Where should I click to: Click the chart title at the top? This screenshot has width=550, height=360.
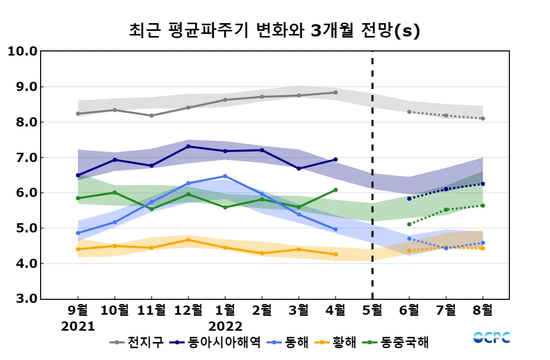coord(274,31)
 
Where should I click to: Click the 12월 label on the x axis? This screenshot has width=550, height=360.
coord(188,310)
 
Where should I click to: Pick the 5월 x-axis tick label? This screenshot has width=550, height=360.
coord(372,310)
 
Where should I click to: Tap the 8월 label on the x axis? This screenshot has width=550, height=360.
coord(483,310)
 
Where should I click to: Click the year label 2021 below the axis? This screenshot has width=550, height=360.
coord(78,327)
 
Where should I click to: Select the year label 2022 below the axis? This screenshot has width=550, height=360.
coord(225,327)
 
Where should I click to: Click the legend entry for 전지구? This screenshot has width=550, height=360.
coord(137,341)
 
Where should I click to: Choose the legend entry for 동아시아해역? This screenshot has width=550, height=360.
coord(216,341)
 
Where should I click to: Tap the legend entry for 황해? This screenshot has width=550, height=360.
coord(334,341)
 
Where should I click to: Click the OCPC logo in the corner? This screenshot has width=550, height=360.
coord(491,338)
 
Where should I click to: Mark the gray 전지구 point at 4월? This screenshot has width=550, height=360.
coord(336,93)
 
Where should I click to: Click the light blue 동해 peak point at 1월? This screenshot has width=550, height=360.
coord(225,176)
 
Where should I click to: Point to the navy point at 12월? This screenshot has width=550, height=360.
coord(188,147)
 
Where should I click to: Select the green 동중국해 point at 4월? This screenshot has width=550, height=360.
coord(336,190)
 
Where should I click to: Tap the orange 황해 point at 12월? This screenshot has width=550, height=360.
coord(188,240)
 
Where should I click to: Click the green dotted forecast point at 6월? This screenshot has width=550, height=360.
coord(409,224)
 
